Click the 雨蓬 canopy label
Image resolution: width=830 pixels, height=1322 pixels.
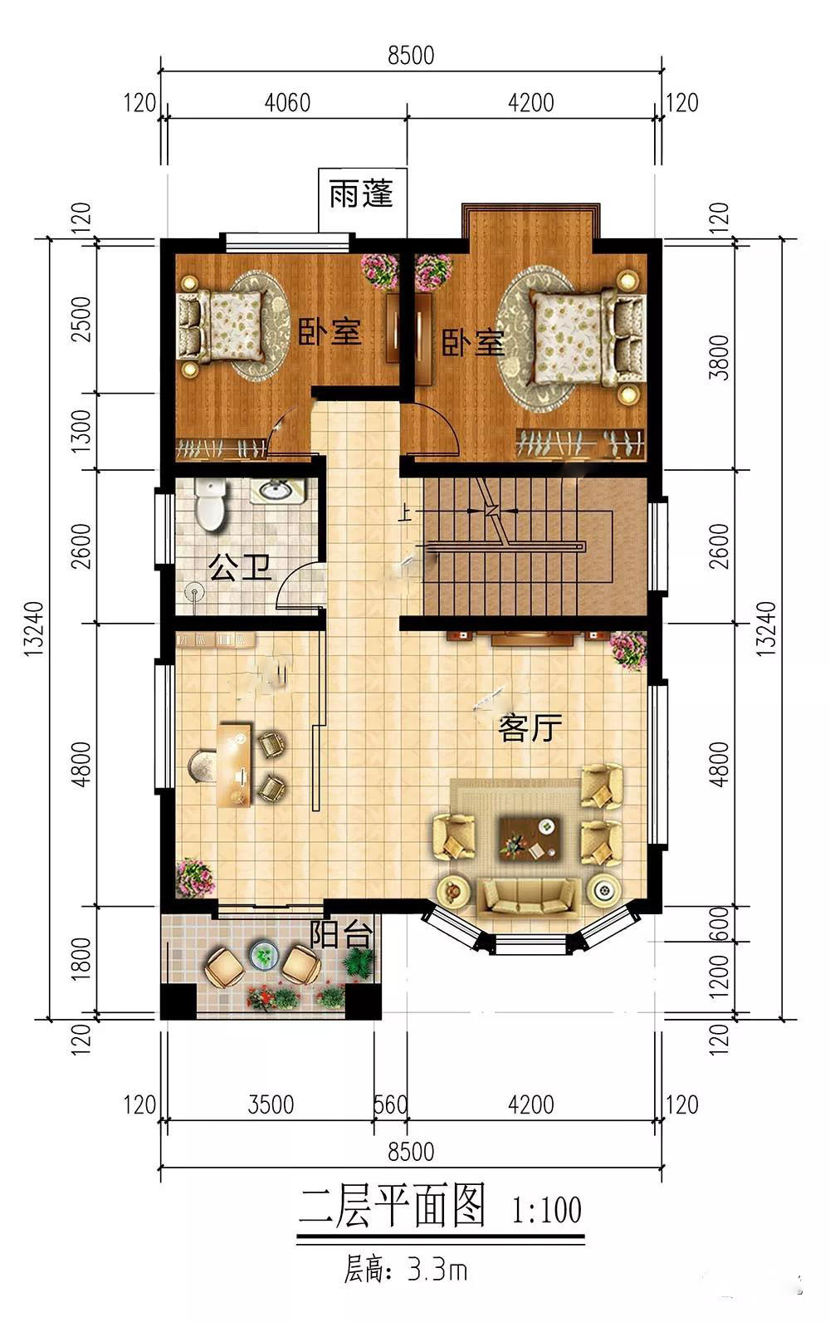coord(361,193)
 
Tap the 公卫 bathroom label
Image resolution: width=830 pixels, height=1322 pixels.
coord(240,566)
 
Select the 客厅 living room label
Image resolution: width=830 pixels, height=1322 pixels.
coord(530,727)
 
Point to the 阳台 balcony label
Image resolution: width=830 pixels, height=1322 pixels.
coord(342,934)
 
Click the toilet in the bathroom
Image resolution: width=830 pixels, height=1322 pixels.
coord(211,504)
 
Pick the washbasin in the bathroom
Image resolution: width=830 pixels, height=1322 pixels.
coord(277,491)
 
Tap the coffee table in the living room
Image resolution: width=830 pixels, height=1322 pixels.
coord(529,837)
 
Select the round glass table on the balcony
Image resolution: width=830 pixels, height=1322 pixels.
coord(264,954)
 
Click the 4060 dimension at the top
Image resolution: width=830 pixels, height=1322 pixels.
coord(287,103)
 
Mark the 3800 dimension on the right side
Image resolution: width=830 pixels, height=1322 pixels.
coord(720,358)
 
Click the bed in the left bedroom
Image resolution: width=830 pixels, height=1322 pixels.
coord(221,326)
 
